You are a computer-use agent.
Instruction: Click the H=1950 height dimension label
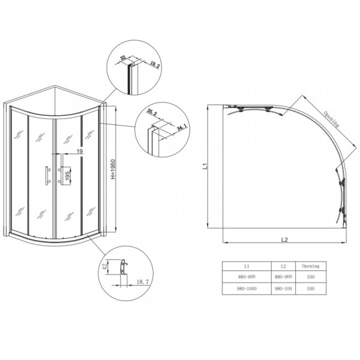tap(114, 170)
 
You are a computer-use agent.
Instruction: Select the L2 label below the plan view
tap(285, 240)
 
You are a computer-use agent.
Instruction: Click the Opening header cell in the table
tap(310, 265)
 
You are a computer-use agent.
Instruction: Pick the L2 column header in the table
tap(284, 265)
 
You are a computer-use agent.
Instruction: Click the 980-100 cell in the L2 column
tap(284, 288)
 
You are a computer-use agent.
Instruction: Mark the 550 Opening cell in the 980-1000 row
tap(310, 288)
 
